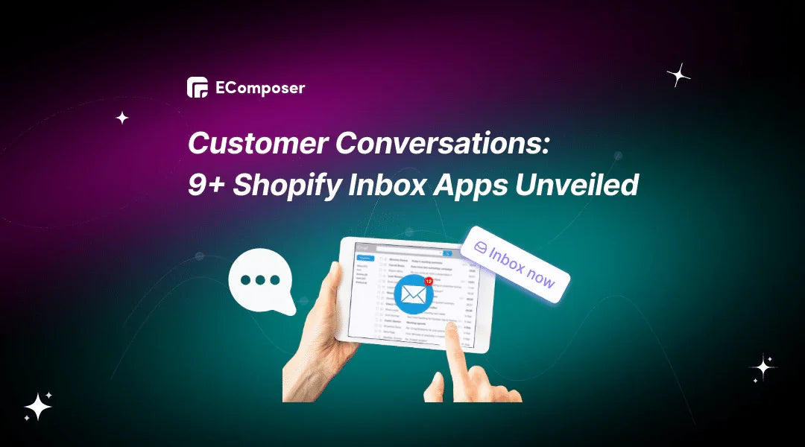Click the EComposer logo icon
point(198,88)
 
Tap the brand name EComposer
point(259,88)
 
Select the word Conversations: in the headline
point(442,142)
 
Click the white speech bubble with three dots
point(261,282)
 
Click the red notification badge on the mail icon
point(429,282)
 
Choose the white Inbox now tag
point(515,264)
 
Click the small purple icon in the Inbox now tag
point(481,247)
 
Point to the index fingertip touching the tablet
point(452,327)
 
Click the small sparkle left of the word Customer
point(122,118)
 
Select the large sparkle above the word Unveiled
point(678,74)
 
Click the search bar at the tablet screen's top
point(414,253)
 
